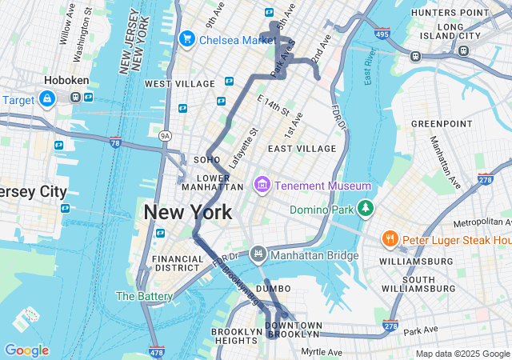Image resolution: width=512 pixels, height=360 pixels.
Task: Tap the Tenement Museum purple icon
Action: [261, 186]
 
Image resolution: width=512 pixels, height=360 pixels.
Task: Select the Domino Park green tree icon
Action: [366, 208]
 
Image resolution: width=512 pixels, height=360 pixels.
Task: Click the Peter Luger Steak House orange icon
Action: [390, 238]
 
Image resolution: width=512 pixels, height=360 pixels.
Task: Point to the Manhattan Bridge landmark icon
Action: [258, 254]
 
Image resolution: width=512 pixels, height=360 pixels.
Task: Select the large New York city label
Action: [188, 212]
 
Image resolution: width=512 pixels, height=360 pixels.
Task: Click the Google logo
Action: [26, 350]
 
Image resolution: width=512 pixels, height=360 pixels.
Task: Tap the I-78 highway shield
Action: [115, 142]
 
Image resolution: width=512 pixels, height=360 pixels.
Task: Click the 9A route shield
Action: [165, 136]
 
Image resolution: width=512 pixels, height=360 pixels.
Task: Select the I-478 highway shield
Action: [156, 352]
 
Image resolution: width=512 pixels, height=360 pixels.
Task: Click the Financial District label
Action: [178, 264]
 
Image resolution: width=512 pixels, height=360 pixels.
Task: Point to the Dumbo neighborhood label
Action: [274, 288]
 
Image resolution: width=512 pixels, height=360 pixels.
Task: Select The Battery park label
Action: [145, 296]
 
